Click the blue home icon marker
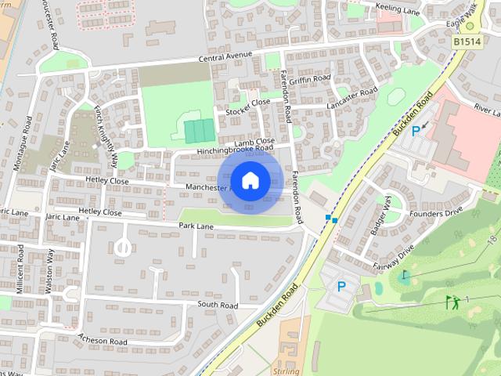(x=250, y=180)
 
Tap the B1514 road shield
(x=467, y=42)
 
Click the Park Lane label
(x=196, y=226)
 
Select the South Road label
(x=218, y=305)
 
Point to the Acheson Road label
(x=103, y=341)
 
